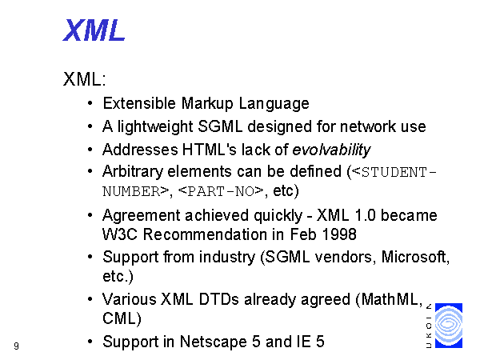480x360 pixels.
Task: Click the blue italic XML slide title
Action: tap(94, 30)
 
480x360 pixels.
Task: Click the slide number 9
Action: tap(16, 346)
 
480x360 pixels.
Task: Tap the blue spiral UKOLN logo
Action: tap(449, 326)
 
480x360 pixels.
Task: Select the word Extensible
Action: tap(139, 103)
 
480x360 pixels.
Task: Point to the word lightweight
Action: tap(155, 126)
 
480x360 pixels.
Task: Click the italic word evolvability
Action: tap(331, 150)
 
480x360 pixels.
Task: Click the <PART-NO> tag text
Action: tap(221, 191)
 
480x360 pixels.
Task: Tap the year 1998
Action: tap(339, 234)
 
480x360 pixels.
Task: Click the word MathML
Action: tap(390, 299)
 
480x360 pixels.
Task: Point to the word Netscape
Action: tap(214, 342)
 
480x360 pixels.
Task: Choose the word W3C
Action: tap(120, 234)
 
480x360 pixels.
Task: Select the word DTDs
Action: tap(218, 299)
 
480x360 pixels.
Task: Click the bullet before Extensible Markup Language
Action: tap(90, 103)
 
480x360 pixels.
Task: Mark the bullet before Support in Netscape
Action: tap(90, 342)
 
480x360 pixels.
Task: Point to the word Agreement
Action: tap(141, 216)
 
